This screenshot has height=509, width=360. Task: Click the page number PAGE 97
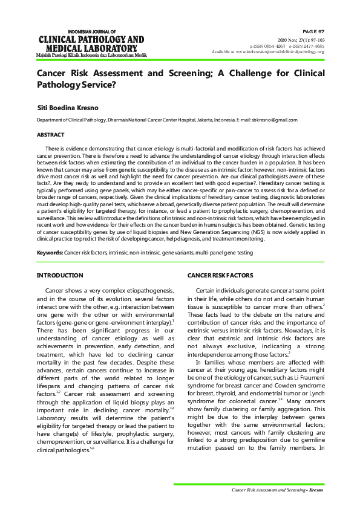coord(313,31)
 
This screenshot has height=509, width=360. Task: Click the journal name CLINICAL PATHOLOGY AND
coord(91,40)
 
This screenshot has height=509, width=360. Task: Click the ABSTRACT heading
coord(51,135)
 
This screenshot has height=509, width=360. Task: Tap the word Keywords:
coord(50,252)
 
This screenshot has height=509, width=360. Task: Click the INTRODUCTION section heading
coord(60,276)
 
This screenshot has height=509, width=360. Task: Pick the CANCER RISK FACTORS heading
coord(220,276)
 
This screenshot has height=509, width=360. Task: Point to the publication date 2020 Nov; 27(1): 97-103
coord(301,39)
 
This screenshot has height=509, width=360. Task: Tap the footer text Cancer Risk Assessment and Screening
coord(269,490)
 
